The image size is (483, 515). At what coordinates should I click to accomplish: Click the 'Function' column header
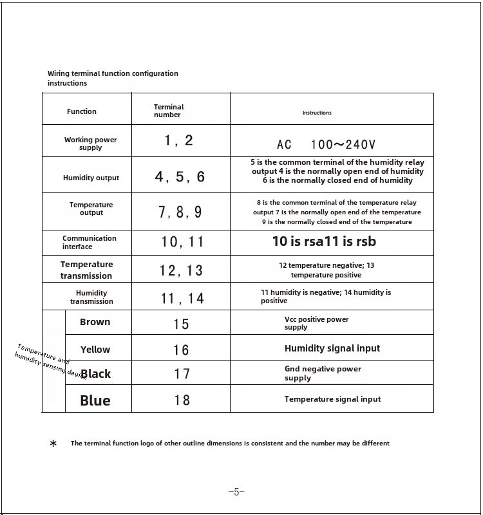(x=82, y=111)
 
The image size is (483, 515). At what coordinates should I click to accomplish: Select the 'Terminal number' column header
(x=168, y=111)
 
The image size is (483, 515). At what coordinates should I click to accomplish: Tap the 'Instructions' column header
(x=317, y=113)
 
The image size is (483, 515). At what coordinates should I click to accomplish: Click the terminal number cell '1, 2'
(x=178, y=140)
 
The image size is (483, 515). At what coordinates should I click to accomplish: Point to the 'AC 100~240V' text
(x=326, y=144)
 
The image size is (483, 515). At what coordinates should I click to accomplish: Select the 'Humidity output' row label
(x=91, y=178)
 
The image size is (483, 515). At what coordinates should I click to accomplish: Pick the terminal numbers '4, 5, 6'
(x=180, y=177)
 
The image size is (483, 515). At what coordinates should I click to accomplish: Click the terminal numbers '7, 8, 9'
(x=180, y=212)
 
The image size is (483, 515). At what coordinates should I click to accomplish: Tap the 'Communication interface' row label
(x=89, y=242)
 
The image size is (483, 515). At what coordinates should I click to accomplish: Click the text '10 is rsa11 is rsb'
(x=324, y=241)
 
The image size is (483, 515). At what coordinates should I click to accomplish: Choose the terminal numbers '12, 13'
(x=181, y=271)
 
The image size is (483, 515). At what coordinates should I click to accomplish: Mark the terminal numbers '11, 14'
(x=182, y=298)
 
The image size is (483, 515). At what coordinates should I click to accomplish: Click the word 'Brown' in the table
(x=95, y=322)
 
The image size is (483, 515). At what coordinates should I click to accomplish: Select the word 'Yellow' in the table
(x=95, y=350)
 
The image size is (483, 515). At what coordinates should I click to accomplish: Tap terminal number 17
(x=182, y=373)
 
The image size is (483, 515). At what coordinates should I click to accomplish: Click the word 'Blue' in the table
(x=95, y=400)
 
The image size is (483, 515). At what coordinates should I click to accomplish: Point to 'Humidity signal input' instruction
(x=332, y=348)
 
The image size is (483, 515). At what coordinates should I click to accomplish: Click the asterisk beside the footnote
(x=53, y=444)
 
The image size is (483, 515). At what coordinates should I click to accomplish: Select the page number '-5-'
(x=236, y=492)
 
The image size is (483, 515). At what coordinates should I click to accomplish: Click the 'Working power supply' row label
(x=90, y=144)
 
